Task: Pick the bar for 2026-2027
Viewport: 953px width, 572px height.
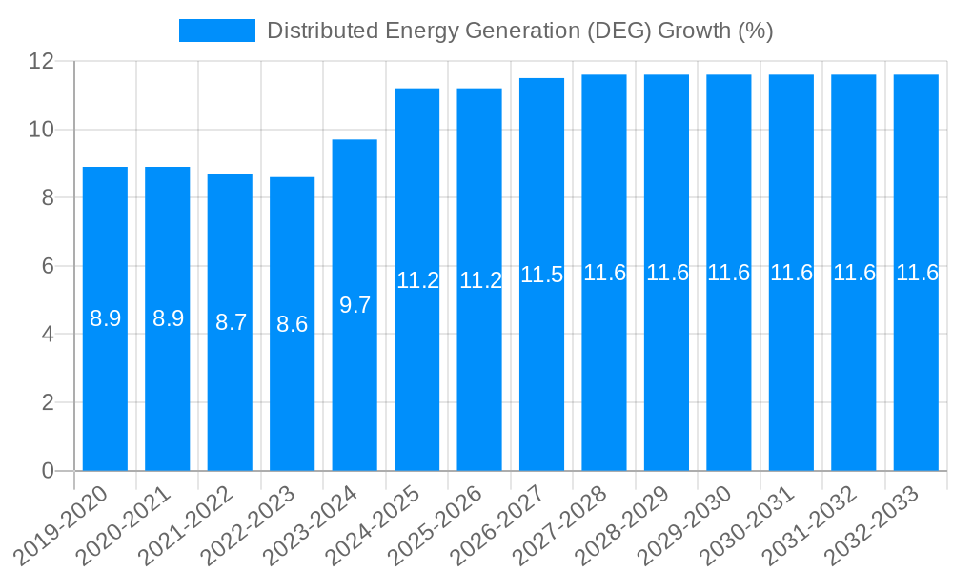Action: coord(541,362)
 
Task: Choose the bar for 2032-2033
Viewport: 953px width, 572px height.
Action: coord(916,362)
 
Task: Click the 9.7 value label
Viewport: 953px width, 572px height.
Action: coord(355,305)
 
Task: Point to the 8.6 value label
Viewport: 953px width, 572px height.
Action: coord(292,324)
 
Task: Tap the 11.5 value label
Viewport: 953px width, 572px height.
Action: coord(541,275)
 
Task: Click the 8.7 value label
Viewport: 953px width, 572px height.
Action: coord(231,322)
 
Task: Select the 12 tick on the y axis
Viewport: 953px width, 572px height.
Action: coord(43,61)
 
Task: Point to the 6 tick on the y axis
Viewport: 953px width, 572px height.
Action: coord(49,266)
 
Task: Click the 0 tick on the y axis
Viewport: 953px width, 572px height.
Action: coord(49,471)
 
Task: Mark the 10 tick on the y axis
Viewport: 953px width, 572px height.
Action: coord(43,130)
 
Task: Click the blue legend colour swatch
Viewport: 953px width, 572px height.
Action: coord(217,31)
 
